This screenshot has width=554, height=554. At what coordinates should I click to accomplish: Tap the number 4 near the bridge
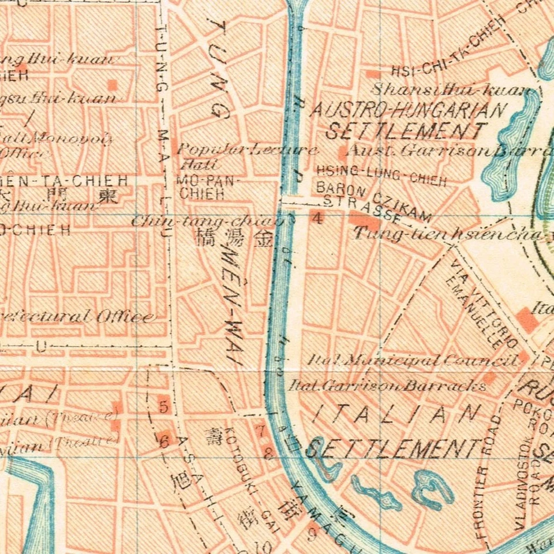(316, 218)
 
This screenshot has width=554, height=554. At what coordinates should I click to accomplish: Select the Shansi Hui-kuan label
(450, 90)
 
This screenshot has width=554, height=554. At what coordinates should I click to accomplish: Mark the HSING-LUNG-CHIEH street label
(381, 175)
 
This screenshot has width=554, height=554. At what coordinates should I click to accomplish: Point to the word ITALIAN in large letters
(398, 414)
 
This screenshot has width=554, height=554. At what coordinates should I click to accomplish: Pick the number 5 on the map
(163, 407)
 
